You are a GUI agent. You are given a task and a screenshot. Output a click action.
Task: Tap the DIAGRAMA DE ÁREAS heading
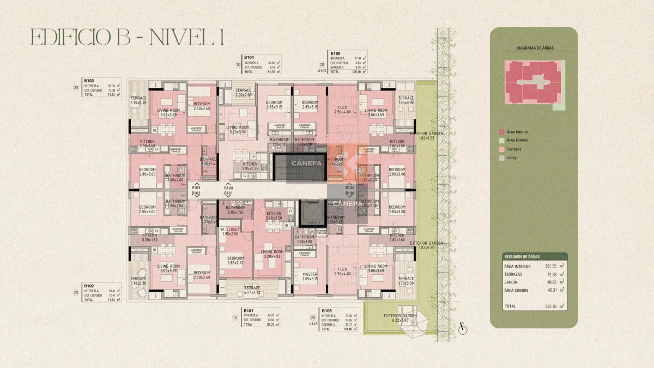click(535, 49)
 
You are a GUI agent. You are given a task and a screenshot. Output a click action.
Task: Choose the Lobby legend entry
click(511, 158)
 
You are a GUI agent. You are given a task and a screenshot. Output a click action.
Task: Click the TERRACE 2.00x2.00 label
click(243, 93)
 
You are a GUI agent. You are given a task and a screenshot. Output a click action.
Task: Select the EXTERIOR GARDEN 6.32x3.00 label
click(399, 318)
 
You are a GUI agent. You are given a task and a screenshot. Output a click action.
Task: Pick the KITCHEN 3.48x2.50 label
click(274, 216)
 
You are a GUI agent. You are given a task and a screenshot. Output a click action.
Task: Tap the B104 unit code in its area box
click(249, 57)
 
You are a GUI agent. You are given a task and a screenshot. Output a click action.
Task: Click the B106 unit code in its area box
click(326, 311)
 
